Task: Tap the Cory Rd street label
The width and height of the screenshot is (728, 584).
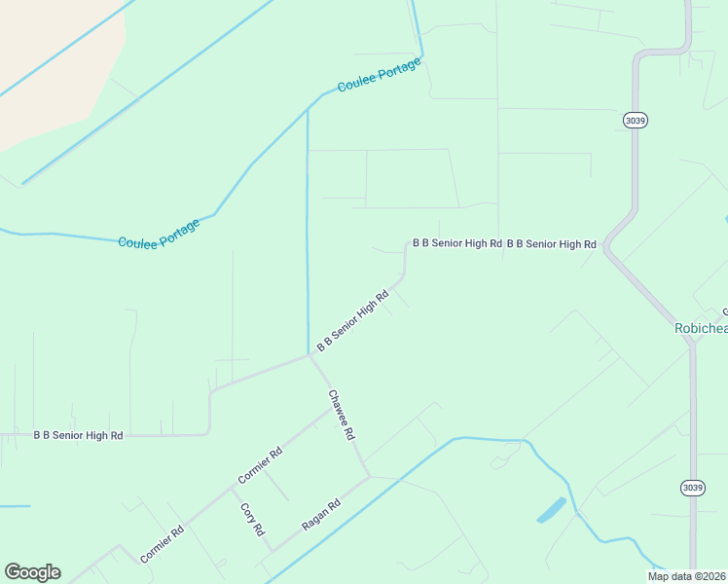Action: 252,518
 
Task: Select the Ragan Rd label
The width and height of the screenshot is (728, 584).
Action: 321,514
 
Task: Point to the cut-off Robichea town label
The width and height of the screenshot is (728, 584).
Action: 701,328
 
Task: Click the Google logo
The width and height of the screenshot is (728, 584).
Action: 32,572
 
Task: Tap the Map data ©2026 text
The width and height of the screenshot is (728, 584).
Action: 687,576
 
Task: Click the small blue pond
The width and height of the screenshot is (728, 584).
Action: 551,510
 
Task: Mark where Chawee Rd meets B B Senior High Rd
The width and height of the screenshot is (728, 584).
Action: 309,355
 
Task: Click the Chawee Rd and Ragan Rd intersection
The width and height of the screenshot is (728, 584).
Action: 369,476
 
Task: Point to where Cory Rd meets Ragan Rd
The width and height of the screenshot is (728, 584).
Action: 269,552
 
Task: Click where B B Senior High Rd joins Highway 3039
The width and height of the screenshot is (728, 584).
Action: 605,243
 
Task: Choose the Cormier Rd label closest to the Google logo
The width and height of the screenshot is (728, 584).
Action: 162,545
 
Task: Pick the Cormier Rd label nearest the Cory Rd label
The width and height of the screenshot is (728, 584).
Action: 260,465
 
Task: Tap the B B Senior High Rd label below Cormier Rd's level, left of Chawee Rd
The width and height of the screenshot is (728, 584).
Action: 78,436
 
